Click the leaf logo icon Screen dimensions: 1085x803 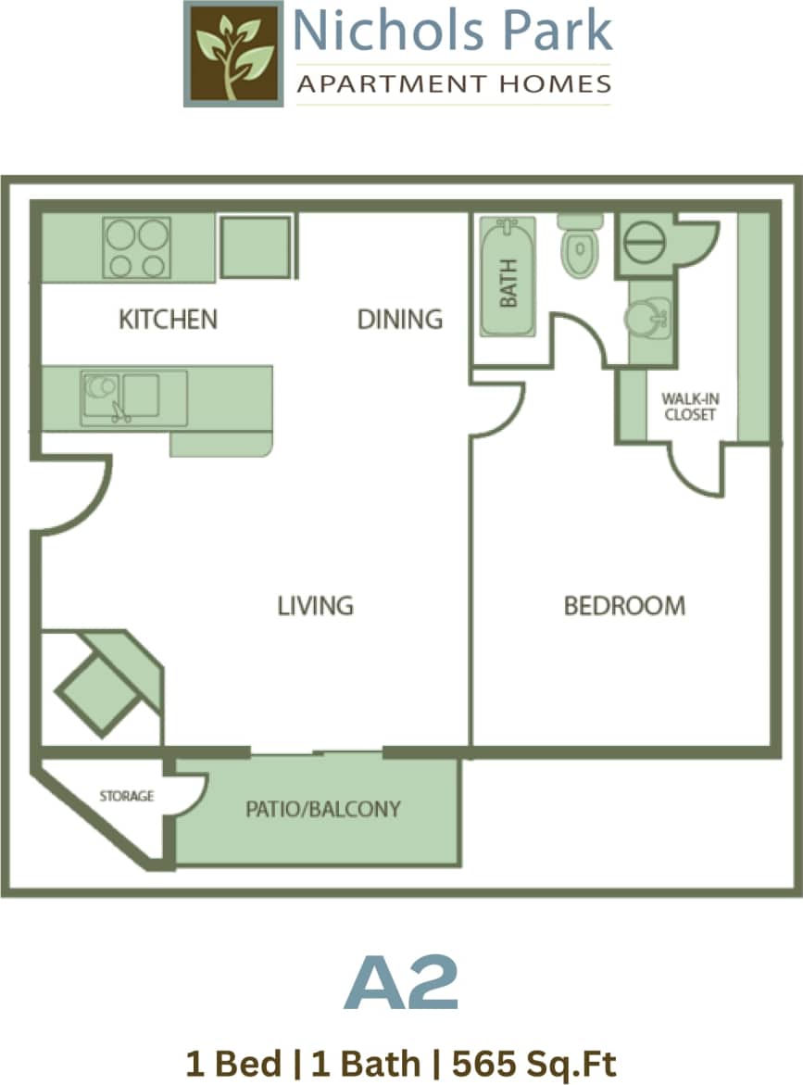[x=233, y=54]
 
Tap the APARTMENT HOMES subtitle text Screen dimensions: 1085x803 [x=453, y=84]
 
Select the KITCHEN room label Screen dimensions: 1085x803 [x=168, y=320]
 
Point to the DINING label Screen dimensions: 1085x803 [x=400, y=320]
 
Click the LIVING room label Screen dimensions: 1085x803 [x=316, y=606]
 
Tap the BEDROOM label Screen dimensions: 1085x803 [x=625, y=606]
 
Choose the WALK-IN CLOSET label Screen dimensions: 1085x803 [x=690, y=407]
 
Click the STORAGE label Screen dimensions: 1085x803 [x=127, y=796]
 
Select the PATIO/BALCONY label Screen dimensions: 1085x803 [x=323, y=809]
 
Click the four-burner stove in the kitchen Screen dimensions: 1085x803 [x=136, y=247]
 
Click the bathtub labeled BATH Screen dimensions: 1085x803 [x=508, y=277]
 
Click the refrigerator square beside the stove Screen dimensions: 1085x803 [x=257, y=246]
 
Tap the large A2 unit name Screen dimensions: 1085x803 [x=401, y=984]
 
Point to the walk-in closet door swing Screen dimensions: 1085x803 [x=696, y=471]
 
